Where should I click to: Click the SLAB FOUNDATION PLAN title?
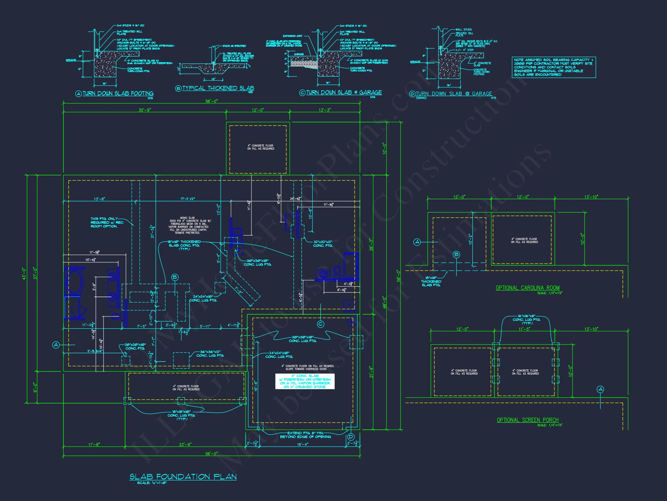183,477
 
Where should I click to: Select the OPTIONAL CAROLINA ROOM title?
527,288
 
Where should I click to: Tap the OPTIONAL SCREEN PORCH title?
527,420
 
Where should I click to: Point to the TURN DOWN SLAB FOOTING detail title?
118,94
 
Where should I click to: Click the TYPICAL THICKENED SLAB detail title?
218,88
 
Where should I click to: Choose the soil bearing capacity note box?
554,67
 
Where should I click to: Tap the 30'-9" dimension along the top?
145,110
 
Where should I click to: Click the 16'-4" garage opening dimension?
303,444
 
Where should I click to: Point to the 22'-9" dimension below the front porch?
185,444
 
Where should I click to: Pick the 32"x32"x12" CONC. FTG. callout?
323,244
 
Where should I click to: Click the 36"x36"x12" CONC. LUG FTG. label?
210,354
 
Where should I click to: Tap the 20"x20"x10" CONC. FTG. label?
135,346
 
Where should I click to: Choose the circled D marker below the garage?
351,437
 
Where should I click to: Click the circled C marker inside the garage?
320,324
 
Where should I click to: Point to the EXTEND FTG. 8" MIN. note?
305,435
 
